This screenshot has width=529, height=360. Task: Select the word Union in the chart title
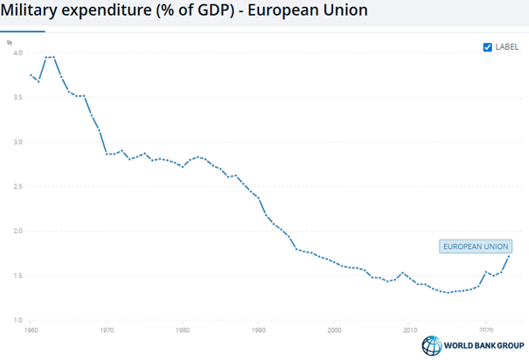point(342,11)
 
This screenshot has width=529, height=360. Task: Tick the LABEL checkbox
point(488,47)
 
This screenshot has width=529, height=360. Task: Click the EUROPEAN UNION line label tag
point(477,247)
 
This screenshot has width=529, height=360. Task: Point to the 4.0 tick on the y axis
point(17,52)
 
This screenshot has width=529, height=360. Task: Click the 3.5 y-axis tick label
point(17,97)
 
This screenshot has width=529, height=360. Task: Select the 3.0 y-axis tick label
point(17,142)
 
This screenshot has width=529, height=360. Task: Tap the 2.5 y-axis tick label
point(17,186)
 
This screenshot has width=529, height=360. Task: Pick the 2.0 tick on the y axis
point(17,231)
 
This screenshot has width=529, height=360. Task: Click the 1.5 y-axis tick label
point(17,276)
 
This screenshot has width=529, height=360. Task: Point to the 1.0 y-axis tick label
point(17,321)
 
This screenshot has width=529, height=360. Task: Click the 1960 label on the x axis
point(31,331)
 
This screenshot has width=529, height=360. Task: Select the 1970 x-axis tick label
point(107,331)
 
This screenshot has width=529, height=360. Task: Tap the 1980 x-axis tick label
point(183,331)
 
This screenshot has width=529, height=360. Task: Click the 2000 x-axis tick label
point(334,331)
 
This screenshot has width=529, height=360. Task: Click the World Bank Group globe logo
point(431,345)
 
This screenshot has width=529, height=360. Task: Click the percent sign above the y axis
point(10,40)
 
